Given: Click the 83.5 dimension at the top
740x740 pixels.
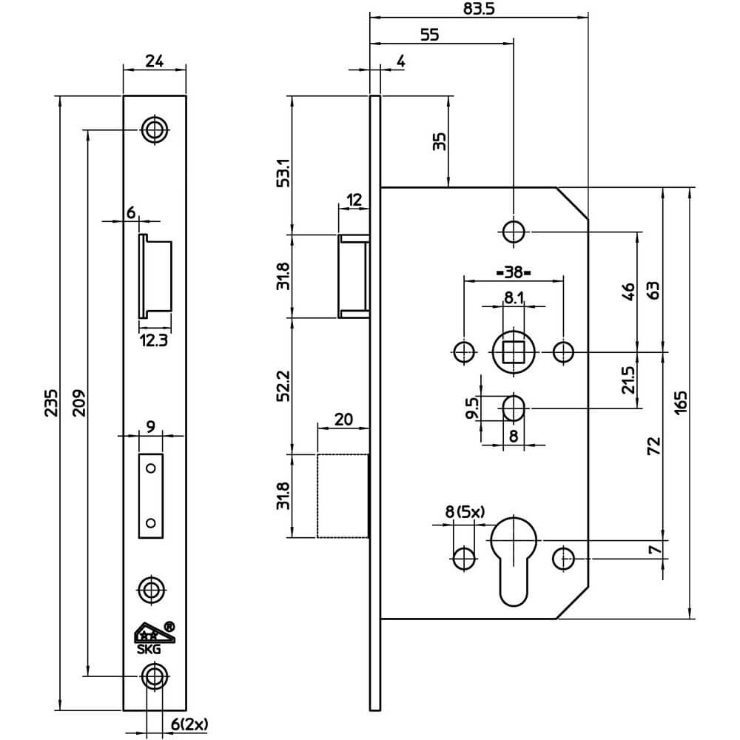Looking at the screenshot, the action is (479, 9).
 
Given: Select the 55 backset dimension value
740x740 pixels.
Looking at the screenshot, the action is (429, 35).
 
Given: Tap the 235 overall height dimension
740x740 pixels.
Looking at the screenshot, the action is (51, 403).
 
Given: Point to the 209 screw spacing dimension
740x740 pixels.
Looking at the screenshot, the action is (79, 403).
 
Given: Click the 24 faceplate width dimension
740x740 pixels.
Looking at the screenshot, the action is (155, 61).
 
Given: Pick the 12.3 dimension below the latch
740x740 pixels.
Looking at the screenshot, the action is (153, 340).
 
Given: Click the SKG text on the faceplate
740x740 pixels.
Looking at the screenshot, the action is (149, 649).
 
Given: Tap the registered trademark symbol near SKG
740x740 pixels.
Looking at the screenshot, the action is (169, 627).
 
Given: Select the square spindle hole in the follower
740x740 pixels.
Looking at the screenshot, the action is (513, 351).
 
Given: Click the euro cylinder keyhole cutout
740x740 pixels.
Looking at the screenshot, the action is (514, 562).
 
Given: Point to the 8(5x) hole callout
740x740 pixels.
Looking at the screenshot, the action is (465, 511).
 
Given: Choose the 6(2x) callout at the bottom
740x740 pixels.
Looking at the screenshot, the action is (189, 724).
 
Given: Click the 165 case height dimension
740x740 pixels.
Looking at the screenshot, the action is (681, 403).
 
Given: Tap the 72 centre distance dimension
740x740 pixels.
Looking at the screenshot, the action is (653, 446).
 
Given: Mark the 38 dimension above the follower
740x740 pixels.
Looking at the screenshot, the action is (514, 272).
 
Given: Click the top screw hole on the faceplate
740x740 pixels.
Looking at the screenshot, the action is (155, 129).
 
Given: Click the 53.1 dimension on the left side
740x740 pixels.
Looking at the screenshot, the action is (283, 173).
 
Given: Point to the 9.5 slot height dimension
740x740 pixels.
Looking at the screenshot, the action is (471, 408).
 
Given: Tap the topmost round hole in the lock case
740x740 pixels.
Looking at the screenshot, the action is (513, 232).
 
